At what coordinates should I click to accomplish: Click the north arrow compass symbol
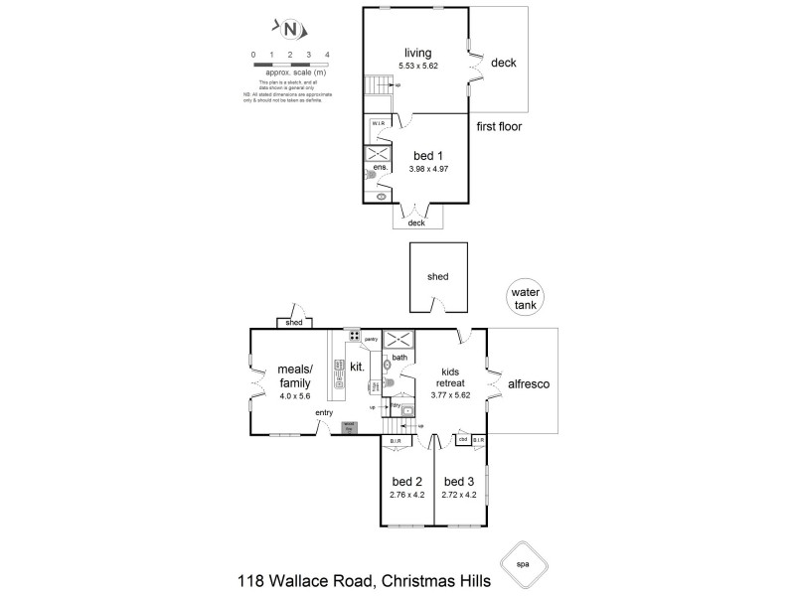tap(290, 29)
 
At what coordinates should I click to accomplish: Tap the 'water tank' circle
tap(523, 299)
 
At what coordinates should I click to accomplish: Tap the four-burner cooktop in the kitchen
tap(354, 336)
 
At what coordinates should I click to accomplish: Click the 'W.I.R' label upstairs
tap(379, 124)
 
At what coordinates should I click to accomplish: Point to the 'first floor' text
tap(499, 126)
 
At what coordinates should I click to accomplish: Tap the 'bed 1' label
tap(428, 156)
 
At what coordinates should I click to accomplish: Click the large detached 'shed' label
tap(438, 278)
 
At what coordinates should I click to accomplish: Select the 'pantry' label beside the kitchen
tap(371, 339)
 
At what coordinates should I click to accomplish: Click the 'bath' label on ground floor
tap(399, 357)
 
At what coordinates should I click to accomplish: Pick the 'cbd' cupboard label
tap(463, 438)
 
